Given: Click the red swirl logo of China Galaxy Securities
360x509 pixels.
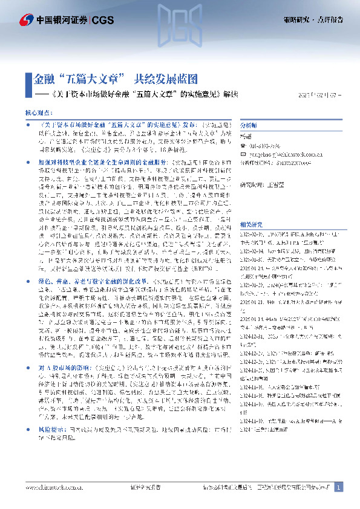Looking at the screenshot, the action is pyautogui.click(x=25, y=21).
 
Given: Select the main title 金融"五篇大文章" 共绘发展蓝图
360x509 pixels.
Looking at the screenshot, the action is pyautogui.click(x=114, y=80).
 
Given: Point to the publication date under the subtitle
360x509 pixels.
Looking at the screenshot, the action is pyautogui.click(x=321, y=95).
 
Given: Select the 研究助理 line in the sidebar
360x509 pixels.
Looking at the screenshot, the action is pyautogui.click(x=264, y=185).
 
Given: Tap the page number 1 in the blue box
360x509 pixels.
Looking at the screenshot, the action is pyautogui.click(x=339, y=487).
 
